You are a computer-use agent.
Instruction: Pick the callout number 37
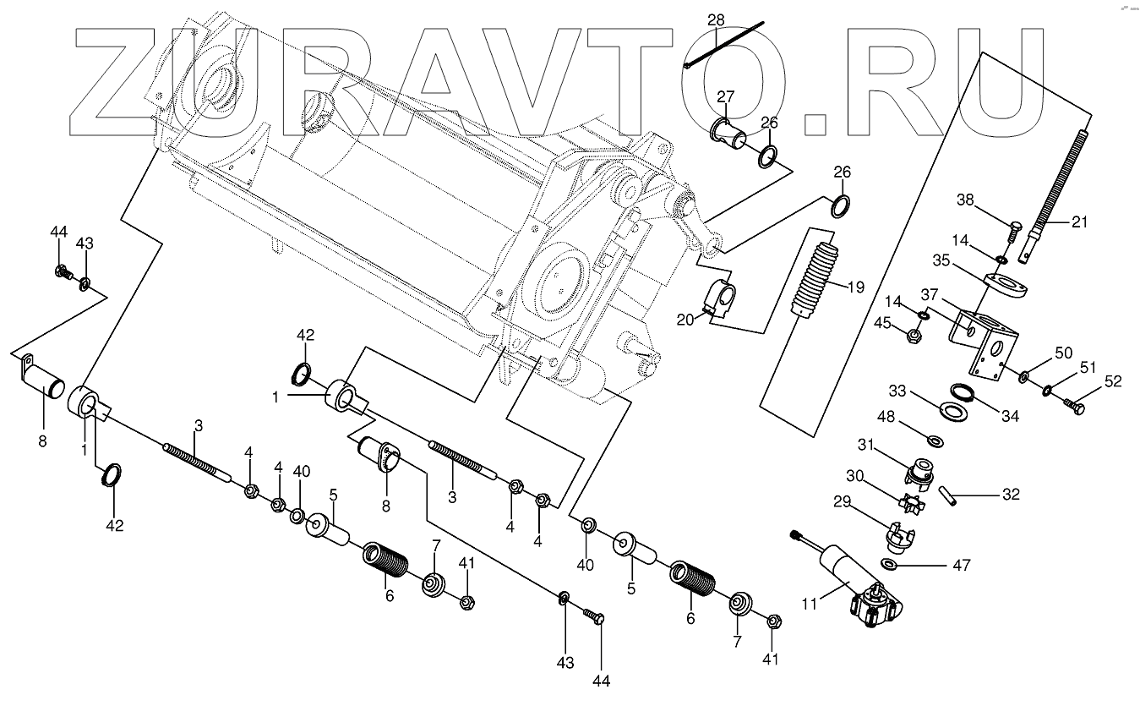[x=930, y=293]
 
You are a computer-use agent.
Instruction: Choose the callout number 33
[x=897, y=391]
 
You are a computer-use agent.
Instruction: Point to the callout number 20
[x=685, y=318]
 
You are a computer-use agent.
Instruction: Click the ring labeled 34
[x=961, y=392]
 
